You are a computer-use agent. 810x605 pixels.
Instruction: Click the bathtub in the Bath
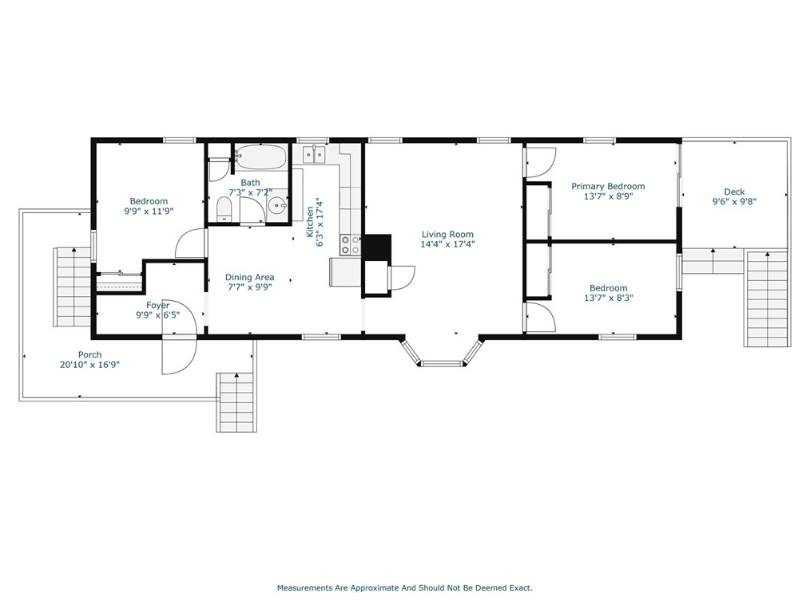tap(261, 156)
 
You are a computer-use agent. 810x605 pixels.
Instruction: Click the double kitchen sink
tap(314, 154)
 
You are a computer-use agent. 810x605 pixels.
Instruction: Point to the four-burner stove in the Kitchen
tap(350, 245)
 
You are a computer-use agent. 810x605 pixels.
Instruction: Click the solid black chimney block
tap(377, 247)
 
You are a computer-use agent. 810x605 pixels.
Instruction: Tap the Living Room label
tap(447, 235)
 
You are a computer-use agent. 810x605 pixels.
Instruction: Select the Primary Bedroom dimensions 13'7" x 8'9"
tap(608, 196)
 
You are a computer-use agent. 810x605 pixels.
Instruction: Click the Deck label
tap(734, 192)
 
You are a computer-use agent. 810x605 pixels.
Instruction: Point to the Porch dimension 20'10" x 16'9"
tap(90, 365)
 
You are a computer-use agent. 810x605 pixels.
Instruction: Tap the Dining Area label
tap(249, 277)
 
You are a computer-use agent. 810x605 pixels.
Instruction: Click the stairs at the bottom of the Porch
tap(236, 402)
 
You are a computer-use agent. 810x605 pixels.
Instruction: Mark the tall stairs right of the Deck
tap(767, 299)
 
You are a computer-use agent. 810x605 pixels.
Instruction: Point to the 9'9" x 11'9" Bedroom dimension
tap(149, 212)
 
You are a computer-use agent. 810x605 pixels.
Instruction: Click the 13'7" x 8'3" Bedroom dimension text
tap(609, 298)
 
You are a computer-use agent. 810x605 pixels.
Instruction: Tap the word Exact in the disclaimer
tap(521, 587)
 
